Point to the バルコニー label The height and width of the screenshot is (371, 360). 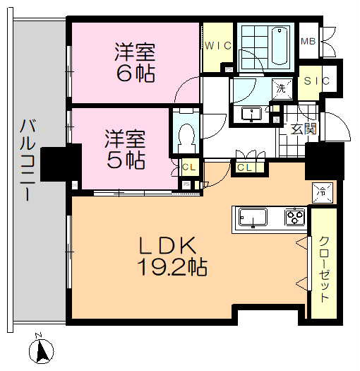28,160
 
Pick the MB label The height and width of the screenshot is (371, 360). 308,41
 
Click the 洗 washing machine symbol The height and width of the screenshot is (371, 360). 281,89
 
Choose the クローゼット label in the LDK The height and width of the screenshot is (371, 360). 323,268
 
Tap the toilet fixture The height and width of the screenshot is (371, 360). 187,131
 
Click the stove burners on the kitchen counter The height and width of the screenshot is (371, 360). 294,216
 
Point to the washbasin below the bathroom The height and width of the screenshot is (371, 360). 251,113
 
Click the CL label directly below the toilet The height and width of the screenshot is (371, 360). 188,167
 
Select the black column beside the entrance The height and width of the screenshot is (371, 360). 324,160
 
